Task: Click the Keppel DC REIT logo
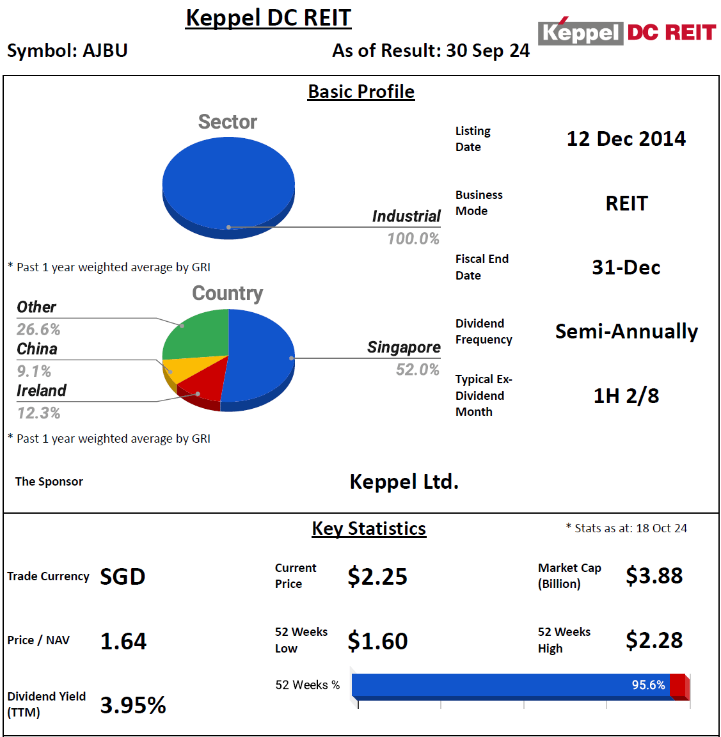(x=626, y=32)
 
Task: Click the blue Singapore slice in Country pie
(x=259, y=355)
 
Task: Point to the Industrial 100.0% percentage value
(x=413, y=239)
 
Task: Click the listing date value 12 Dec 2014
(x=626, y=139)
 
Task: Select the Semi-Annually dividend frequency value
(x=626, y=331)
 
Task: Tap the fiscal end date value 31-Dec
(x=626, y=267)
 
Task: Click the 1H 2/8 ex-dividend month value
(x=626, y=396)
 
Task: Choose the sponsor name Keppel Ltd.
(x=404, y=482)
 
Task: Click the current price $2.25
(x=377, y=576)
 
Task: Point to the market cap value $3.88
(x=654, y=576)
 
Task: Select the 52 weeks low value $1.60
(x=377, y=641)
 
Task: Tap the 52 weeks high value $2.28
(x=654, y=640)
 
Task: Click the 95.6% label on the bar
(x=648, y=685)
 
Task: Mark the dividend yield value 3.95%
(x=133, y=705)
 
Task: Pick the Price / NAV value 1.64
(x=123, y=641)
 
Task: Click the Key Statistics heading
(x=368, y=528)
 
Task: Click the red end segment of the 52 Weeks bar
(x=678, y=685)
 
